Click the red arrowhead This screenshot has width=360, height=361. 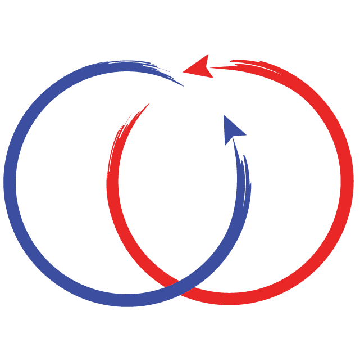(200, 69)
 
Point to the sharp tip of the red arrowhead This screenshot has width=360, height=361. (184, 71)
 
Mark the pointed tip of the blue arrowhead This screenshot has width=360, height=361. (224, 115)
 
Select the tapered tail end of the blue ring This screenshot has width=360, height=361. (181, 84)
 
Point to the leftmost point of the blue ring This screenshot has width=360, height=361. (10, 183)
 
